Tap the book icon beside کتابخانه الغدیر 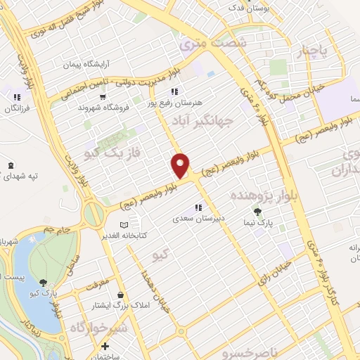coord(124,224)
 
